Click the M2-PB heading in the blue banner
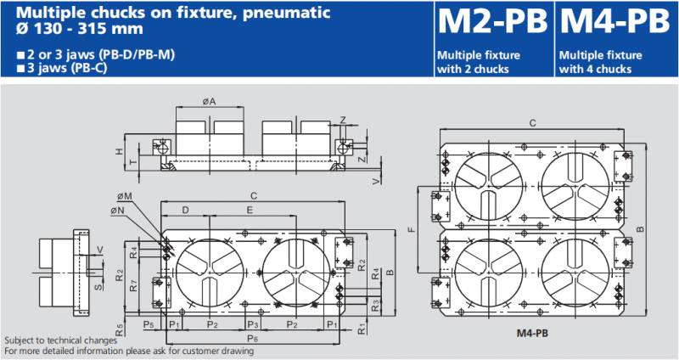(x=491, y=22)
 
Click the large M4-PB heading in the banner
(x=614, y=22)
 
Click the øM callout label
(x=126, y=196)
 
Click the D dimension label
(x=186, y=209)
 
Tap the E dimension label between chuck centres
(x=250, y=209)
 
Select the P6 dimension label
(x=253, y=339)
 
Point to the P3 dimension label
(x=252, y=324)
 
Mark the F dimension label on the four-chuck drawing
(x=411, y=229)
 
